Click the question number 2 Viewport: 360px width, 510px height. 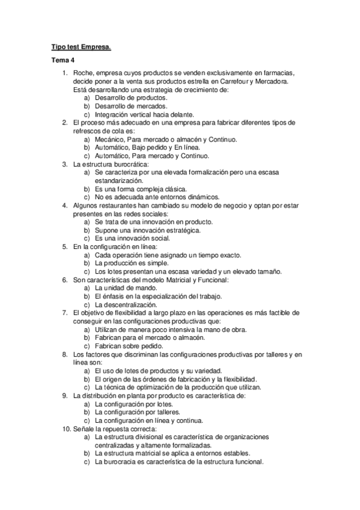coord(66,122)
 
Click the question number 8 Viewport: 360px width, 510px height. coord(66,354)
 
